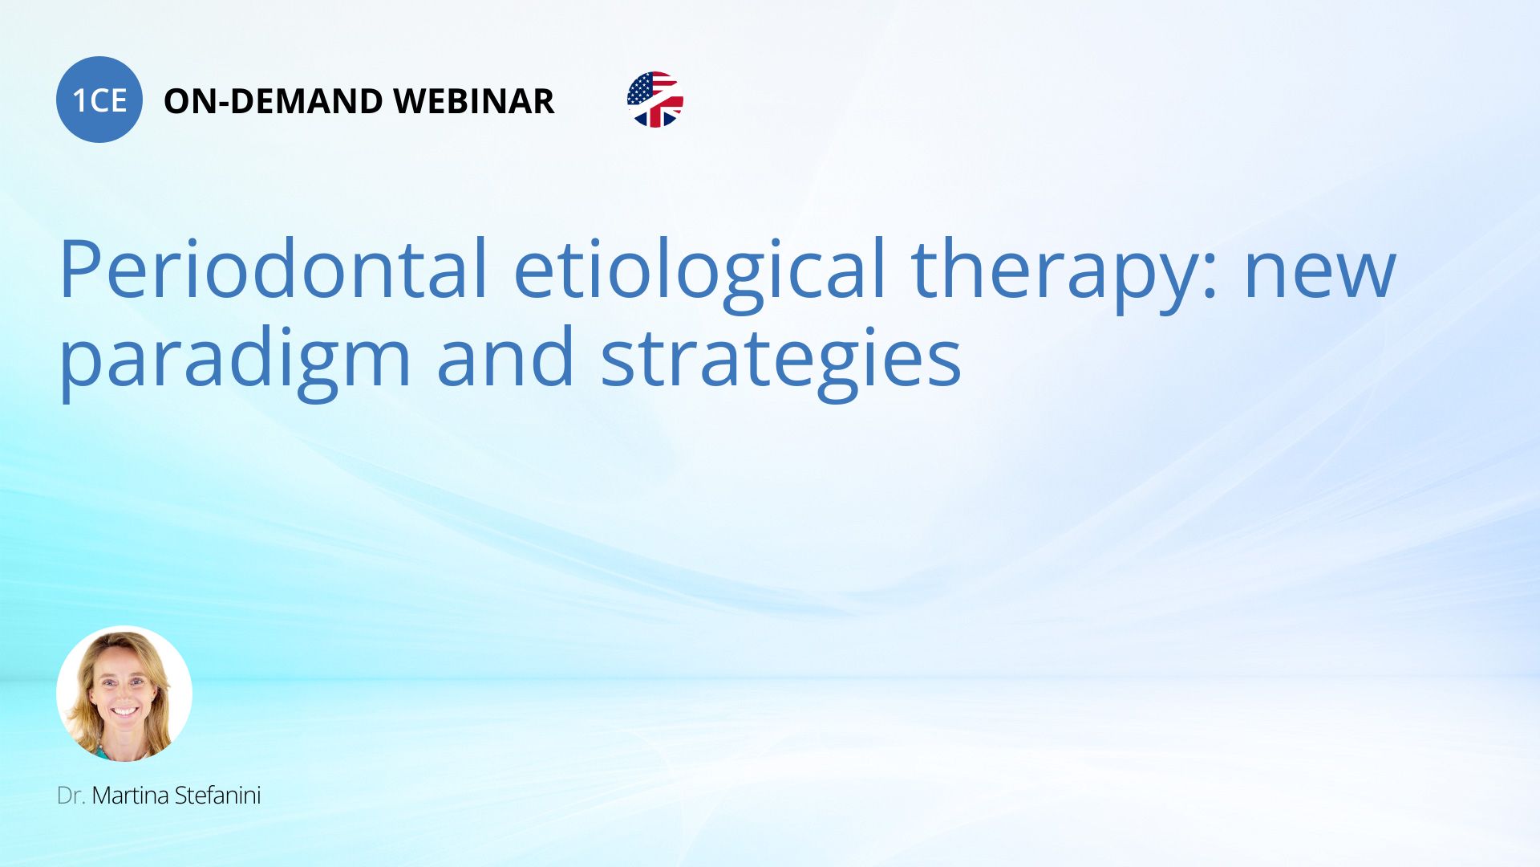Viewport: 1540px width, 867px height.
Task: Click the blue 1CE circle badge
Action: point(99,100)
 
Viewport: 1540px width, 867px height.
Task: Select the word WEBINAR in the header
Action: point(474,101)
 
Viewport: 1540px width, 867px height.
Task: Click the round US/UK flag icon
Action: point(655,100)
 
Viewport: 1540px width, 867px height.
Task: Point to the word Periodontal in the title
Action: point(274,269)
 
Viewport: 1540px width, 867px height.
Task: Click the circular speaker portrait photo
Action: point(124,694)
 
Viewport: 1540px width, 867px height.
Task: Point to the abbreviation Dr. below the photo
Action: point(71,796)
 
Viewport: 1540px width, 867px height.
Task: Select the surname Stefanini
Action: point(217,796)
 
